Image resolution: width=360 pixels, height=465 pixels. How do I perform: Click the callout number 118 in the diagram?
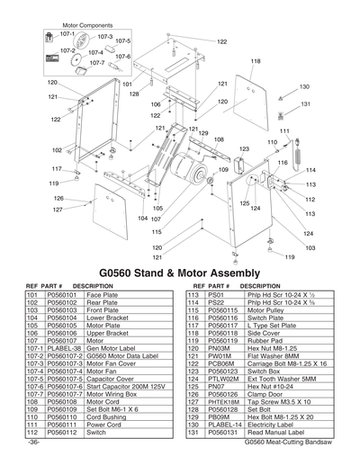[x=256, y=61]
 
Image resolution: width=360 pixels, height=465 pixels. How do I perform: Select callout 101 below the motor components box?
[x=115, y=82]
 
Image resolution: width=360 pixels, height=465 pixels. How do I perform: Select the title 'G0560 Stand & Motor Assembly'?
[x=179, y=272]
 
